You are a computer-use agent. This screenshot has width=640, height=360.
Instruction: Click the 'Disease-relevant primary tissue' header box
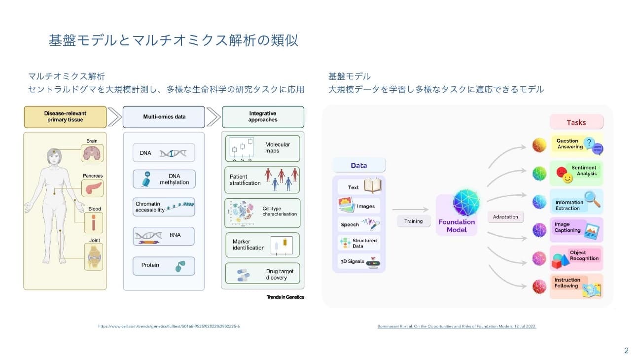tap(65, 117)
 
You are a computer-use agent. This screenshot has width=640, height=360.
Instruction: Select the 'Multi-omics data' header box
tap(164, 117)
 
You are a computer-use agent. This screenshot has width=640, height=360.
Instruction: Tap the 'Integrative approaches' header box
tap(263, 117)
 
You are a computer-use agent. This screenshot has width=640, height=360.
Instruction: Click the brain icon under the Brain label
tap(92, 153)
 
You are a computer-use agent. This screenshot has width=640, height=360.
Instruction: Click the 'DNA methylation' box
tap(164, 180)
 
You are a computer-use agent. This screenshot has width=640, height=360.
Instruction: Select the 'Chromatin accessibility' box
tap(164, 207)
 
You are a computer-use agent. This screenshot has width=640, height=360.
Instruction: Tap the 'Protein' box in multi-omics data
tap(164, 266)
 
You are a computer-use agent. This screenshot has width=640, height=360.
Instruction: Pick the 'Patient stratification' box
tap(262, 180)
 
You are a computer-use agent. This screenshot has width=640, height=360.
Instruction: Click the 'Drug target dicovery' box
tap(262, 274)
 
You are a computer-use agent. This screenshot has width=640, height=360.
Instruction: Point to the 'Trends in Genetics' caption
tap(285, 297)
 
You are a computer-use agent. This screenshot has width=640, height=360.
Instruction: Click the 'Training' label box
tap(413, 221)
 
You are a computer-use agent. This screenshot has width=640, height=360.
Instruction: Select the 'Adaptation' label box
tap(505, 217)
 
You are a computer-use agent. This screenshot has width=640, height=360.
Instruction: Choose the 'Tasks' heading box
tap(576, 122)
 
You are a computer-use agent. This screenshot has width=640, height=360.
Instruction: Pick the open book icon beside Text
tap(373, 186)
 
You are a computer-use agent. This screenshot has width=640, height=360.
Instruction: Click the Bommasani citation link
tap(456, 326)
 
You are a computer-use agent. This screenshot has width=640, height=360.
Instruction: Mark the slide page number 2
tap(626, 351)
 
